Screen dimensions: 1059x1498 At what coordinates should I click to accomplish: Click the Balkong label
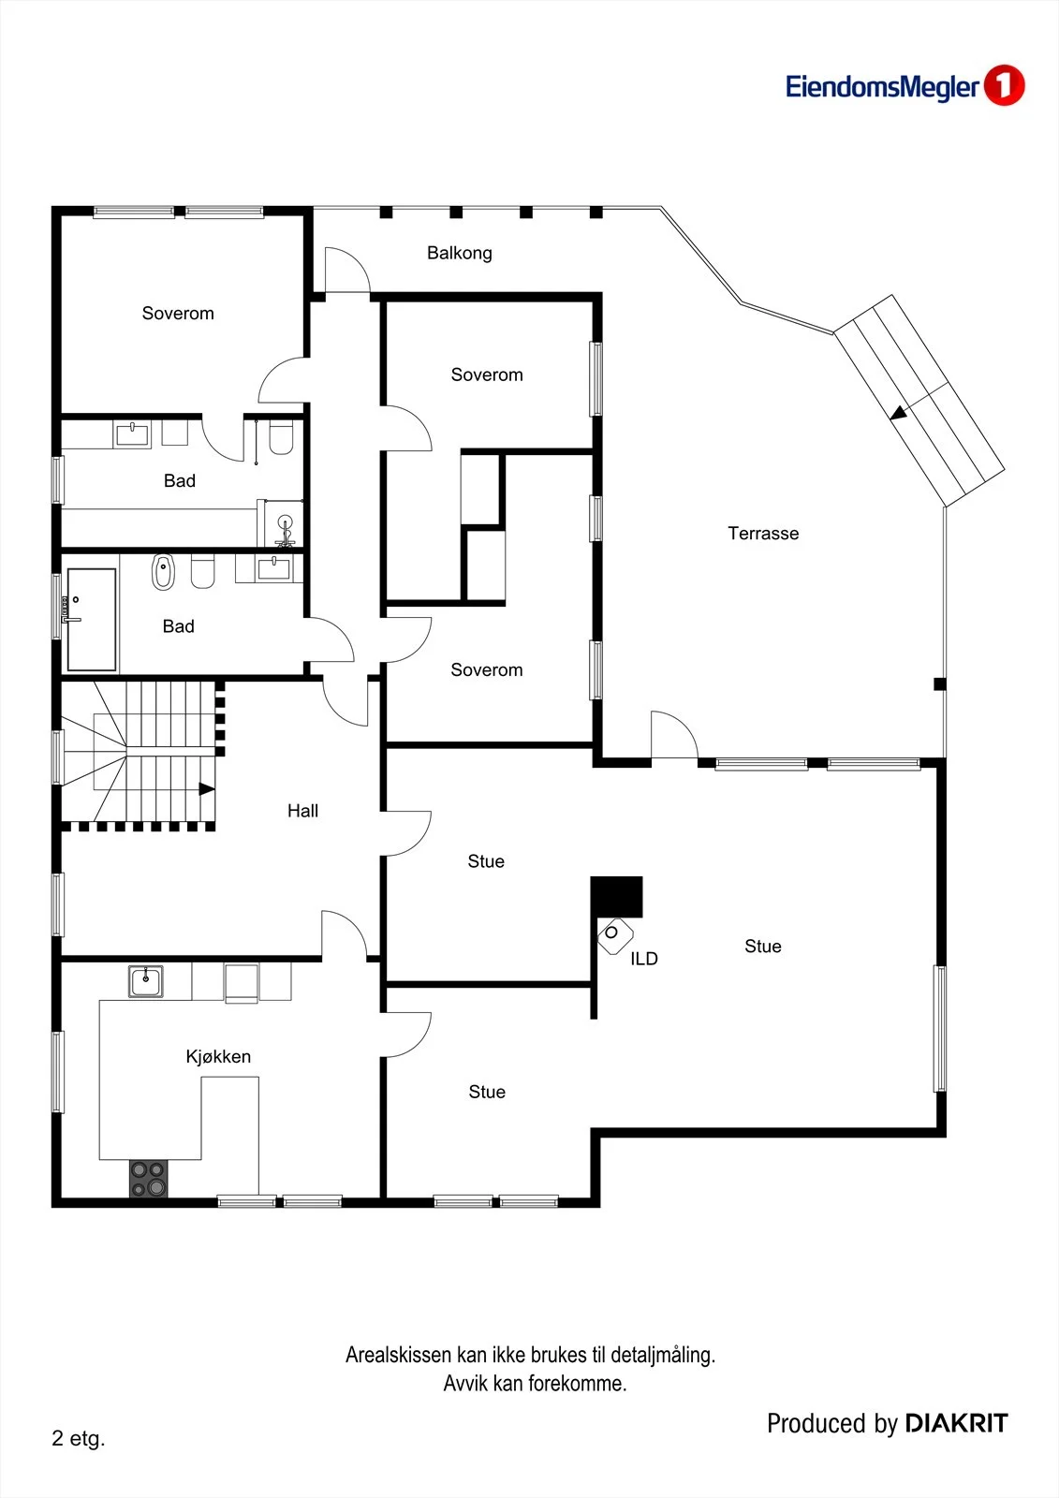pos(460,253)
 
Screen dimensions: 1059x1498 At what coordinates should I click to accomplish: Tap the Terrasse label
pos(763,533)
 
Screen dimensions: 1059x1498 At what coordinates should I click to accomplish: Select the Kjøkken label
pos(218,1056)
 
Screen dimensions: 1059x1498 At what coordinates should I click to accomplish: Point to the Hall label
pos(302,811)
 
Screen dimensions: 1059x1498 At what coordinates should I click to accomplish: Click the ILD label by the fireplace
pos(643,959)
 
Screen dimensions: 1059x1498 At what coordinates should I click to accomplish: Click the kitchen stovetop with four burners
pos(149,1179)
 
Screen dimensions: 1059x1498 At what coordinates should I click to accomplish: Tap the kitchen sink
pos(146,981)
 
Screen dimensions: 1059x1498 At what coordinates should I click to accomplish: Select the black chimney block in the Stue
pos(616,897)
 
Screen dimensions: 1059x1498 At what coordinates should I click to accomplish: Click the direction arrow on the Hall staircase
pos(207,789)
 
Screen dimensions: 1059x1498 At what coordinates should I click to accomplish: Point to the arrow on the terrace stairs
pos(899,413)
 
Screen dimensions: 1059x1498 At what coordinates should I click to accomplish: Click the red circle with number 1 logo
pos(1004,85)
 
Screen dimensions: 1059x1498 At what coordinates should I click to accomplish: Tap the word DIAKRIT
pos(956,1423)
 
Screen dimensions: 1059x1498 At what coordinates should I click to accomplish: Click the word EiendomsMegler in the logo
pos(882,87)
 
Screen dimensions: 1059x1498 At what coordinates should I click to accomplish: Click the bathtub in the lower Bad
pos(91,619)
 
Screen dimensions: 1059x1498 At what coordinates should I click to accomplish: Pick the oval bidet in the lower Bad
pos(163,572)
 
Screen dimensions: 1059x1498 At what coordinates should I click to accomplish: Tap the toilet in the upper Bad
pos(281,437)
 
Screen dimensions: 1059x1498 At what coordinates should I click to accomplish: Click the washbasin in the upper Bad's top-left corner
pos(133,434)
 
